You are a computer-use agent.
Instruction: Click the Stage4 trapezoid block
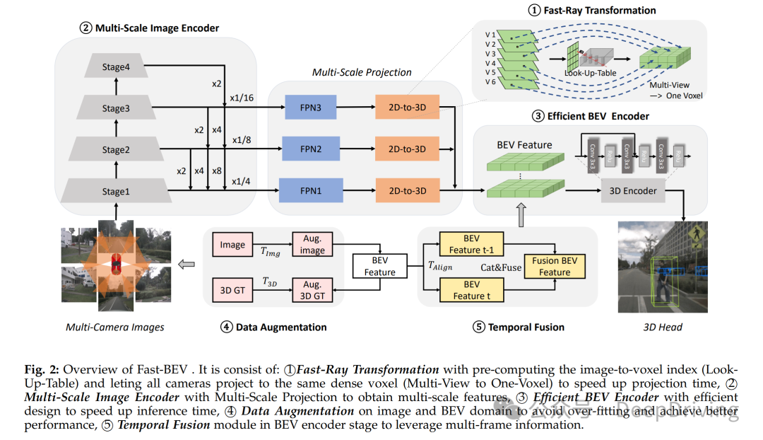point(116,68)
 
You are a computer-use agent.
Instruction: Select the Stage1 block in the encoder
point(116,191)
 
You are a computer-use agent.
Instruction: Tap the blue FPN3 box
point(311,108)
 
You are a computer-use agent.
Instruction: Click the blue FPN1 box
point(311,191)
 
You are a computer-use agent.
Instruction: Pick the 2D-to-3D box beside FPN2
point(406,149)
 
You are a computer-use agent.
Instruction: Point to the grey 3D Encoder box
point(633,190)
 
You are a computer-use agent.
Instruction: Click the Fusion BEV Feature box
point(555,266)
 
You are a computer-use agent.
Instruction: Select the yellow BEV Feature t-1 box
point(471,245)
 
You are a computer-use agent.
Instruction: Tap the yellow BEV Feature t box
point(471,290)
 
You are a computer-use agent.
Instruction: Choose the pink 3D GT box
point(232,290)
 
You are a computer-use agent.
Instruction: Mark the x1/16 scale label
point(242,97)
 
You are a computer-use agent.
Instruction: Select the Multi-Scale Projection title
point(362,72)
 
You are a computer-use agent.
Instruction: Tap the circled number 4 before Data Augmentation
point(226,327)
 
